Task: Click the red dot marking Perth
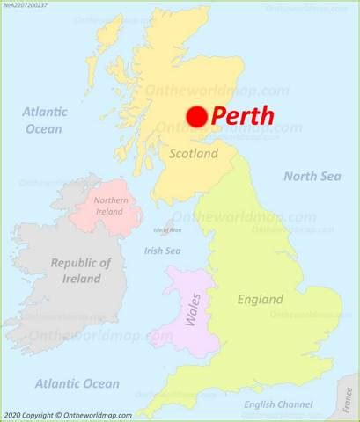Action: pos(196,117)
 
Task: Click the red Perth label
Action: pos(243,116)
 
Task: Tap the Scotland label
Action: pos(193,154)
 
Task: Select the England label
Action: pos(261,300)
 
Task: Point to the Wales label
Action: pos(188,311)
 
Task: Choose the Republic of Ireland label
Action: pos(80,271)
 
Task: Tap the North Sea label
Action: pos(312,177)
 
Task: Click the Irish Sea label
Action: pos(162,251)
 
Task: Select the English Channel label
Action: pos(277,405)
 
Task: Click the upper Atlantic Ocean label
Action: pos(43,120)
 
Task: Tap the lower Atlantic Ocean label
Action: pos(77,383)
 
